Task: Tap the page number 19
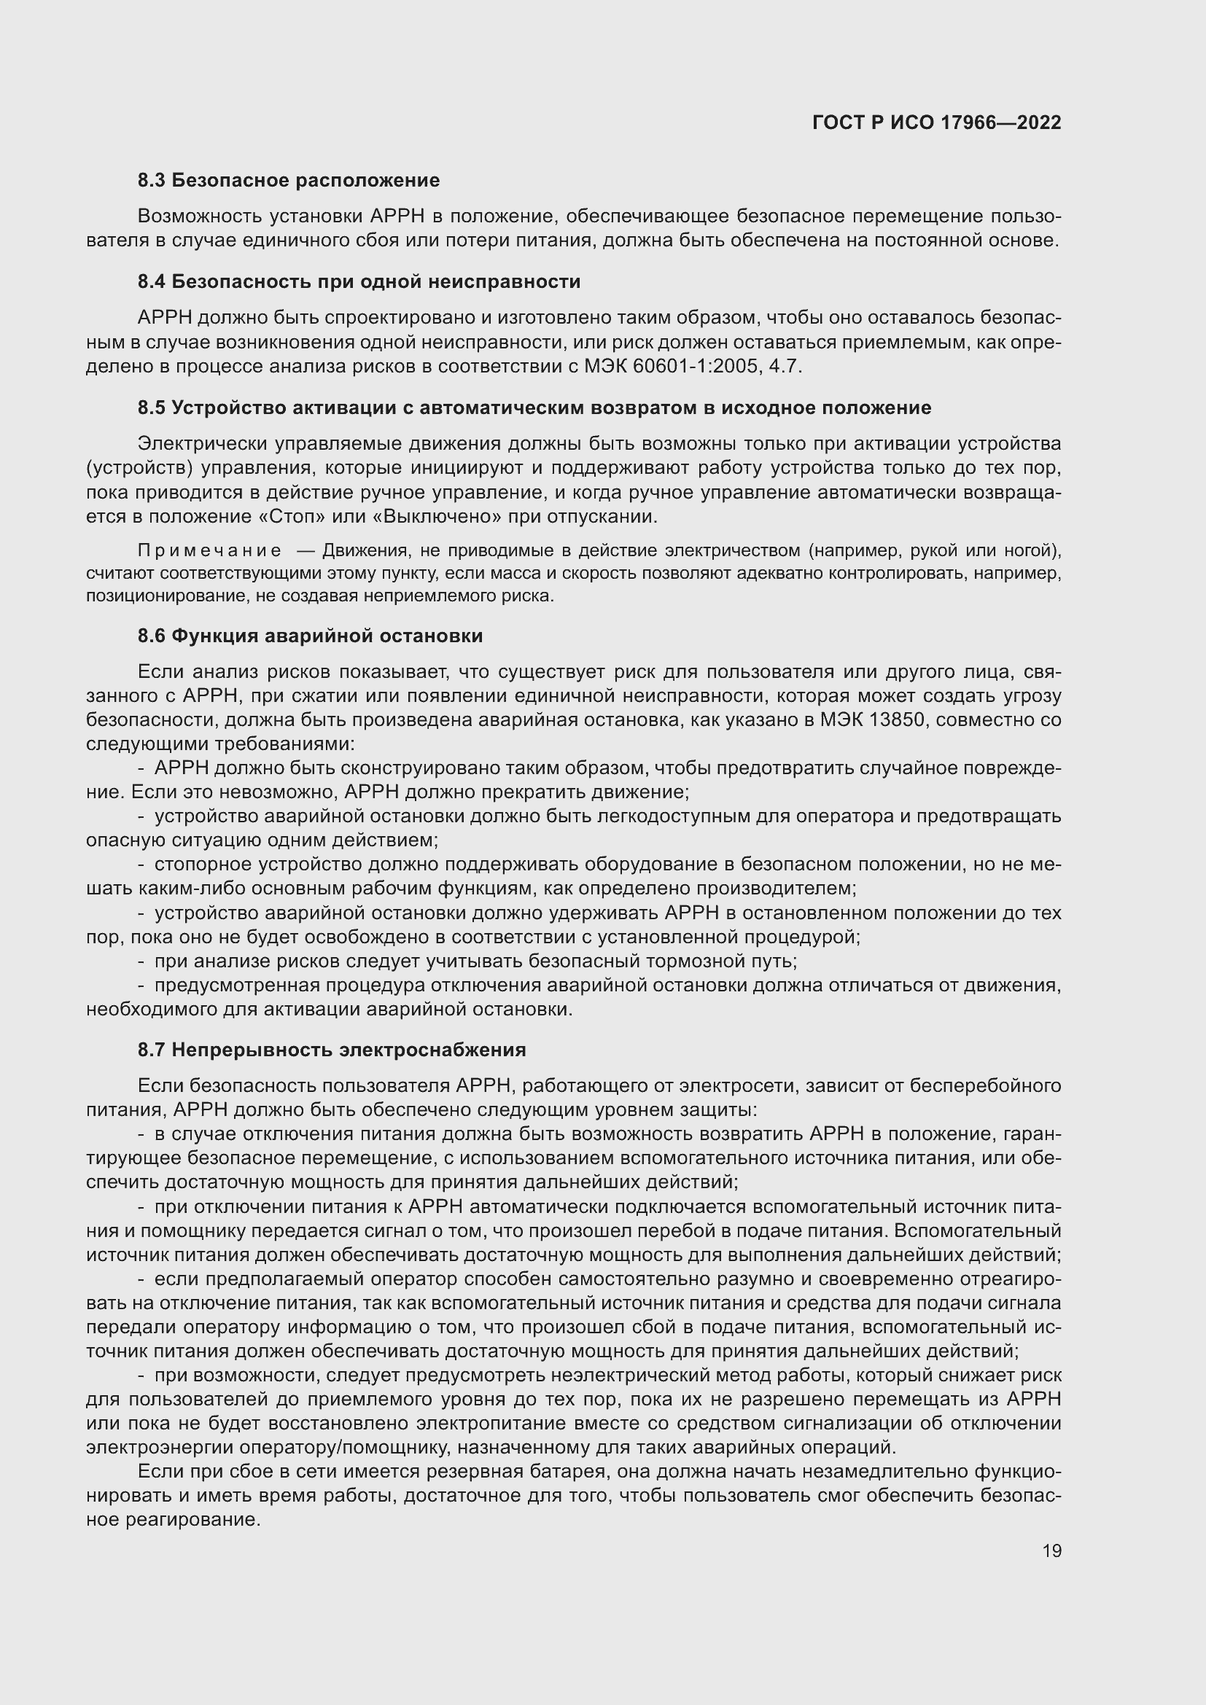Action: tap(1051, 1551)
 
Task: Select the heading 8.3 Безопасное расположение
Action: tap(288, 181)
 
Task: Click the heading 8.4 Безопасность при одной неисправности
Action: tap(359, 282)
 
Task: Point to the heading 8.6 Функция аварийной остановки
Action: tap(310, 636)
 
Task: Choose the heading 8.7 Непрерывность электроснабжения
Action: tap(331, 1050)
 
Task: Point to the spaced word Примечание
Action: tap(209, 551)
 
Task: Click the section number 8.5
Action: tap(152, 408)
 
